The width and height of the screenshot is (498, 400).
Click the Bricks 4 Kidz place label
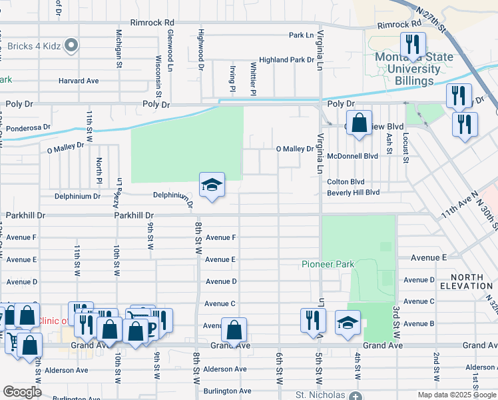[38, 46]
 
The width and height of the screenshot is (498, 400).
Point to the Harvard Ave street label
[79, 81]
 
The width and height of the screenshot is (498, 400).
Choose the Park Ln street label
[301, 35]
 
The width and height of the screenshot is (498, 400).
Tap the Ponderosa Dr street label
[29, 127]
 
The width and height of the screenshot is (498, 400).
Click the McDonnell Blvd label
[352, 156]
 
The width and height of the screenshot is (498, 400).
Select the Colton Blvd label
[346, 181]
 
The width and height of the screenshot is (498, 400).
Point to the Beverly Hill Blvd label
[353, 193]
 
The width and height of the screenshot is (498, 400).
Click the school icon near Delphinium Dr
[212, 185]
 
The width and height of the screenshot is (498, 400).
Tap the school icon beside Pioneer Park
[347, 323]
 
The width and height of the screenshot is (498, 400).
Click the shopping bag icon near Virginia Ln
[359, 123]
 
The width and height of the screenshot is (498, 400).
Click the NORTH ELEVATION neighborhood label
[471, 281]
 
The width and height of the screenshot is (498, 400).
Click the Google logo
[22, 392]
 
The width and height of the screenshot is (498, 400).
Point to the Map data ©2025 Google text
[455, 395]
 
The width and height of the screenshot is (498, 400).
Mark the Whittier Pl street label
[253, 75]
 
